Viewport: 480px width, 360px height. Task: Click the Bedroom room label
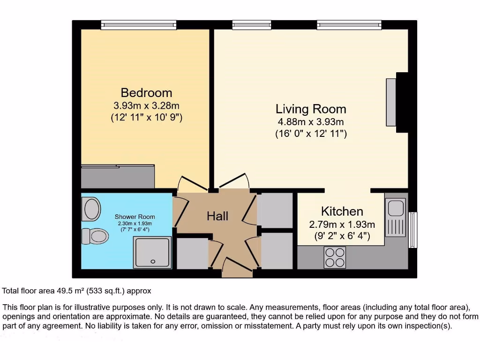pyautogui.click(x=146, y=92)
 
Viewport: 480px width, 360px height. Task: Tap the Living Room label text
pyautogui.click(x=311, y=109)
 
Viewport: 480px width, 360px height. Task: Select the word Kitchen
pyautogui.click(x=342, y=211)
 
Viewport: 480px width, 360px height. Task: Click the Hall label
pyautogui.click(x=217, y=216)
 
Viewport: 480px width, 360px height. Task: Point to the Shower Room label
pyautogui.click(x=135, y=217)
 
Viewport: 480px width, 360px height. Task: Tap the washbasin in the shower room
pyautogui.click(x=91, y=209)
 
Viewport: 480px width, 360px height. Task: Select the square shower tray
pyautogui.click(x=152, y=252)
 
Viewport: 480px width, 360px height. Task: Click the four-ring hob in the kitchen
pyautogui.click(x=335, y=257)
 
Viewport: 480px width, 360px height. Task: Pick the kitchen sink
pyautogui.click(x=395, y=217)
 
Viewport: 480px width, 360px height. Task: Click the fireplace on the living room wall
pyautogui.click(x=392, y=102)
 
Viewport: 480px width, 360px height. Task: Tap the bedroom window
pyautogui.click(x=138, y=24)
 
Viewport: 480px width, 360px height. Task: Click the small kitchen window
pyautogui.click(x=412, y=230)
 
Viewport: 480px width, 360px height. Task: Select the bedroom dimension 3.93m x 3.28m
pyautogui.click(x=146, y=105)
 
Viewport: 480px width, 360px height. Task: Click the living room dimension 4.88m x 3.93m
pyautogui.click(x=311, y=122)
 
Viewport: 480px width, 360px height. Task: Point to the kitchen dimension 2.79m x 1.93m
pyautogui.click(x=342, y=224)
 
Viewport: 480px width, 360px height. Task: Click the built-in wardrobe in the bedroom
pyautogui.click(x=118, y=176)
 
